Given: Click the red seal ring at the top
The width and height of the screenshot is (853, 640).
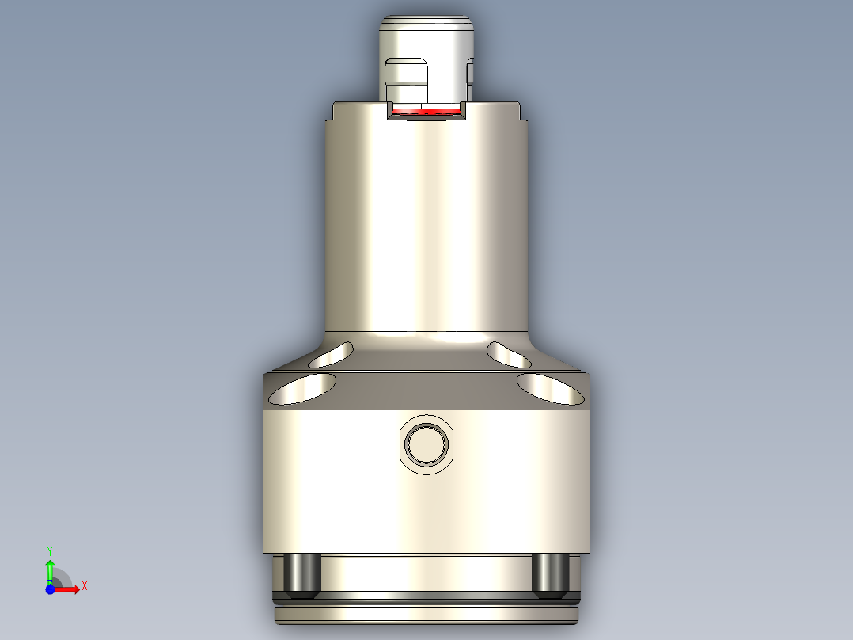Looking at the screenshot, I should click(426, 112).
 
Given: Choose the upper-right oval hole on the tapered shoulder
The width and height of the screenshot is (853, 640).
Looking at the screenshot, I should click(509, 354).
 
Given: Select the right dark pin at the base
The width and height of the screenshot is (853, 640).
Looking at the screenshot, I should click(549, 575).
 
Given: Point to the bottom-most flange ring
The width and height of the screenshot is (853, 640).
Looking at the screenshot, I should click(426, 615).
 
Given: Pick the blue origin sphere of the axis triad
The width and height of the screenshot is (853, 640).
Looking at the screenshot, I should click(50, 589).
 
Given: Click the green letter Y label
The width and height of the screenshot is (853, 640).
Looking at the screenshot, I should click(50, 550).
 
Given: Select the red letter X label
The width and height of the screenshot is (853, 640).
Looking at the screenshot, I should click(84, 586).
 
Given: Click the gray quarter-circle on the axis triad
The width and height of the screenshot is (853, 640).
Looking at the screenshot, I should click(62, 578).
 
